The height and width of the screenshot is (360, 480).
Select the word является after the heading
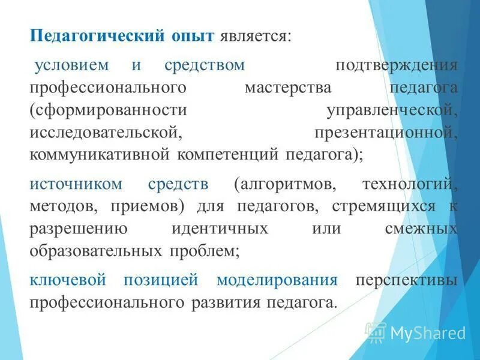[x=256, y=37]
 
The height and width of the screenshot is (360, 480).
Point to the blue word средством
[x=203, y=65]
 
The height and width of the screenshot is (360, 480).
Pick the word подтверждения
[x=397, y=65]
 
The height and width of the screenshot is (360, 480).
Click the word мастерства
[x=288, y=88]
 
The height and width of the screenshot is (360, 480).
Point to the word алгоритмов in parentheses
[x=287, y=184]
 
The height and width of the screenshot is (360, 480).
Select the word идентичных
[x=218, y=229]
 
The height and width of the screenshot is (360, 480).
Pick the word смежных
[x=419, y=229]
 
